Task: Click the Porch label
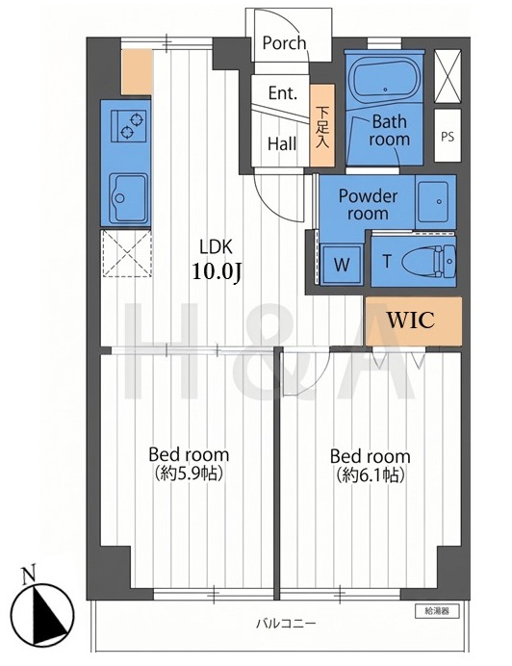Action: (284, 43)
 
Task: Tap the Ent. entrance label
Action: (282, 93)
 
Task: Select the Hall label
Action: (282, 144)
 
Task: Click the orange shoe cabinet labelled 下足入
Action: (322, 125)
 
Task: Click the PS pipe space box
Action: (448, 136)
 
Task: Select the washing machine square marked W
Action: (342, 265)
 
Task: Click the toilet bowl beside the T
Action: (428, 261)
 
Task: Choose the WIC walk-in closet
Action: (413, 320)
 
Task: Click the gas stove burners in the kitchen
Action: (129, 126)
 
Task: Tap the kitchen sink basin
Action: (129, 197)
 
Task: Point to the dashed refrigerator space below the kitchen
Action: (126, 253)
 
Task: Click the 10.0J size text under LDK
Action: (217, 270)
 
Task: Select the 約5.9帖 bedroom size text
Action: (189, 473)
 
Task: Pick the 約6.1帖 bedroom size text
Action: (370, 474)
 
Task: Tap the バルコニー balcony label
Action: (286, 624)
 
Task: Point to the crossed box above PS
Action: (448, 76)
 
